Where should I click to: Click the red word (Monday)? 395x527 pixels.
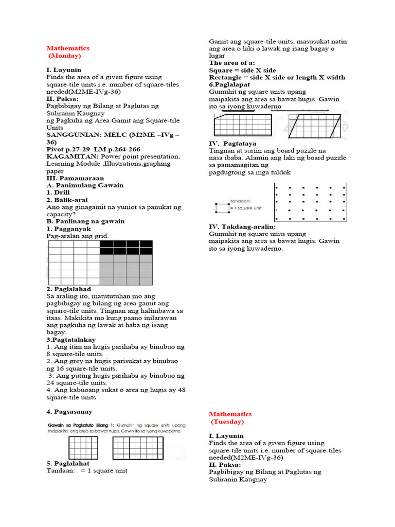pyautogui.click(x=65, y=56)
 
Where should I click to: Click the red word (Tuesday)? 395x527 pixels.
pyautogui.click(x=228, y=421)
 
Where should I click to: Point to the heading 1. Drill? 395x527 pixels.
pyautogui.click(x=58, y=192)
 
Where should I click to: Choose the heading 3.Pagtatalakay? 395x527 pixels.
pyautogui.click(x=71, y=340)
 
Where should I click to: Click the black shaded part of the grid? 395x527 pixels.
pyautogui.click(x=126, y=247)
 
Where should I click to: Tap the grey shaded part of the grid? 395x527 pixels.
pyautogui.click(x=126, y=270)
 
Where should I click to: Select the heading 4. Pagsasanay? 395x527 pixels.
pyautogui.click(x=69, y=412)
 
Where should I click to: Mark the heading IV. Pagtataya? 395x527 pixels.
pyautogui.click(x=232, y=143)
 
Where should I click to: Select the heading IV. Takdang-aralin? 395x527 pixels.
pyautogui.click(x=242, y=226)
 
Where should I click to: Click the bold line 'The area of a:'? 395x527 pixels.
pyautogui.click(x=231, y=63)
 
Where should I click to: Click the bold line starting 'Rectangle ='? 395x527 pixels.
pyautogui.click(x=277, y=77)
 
